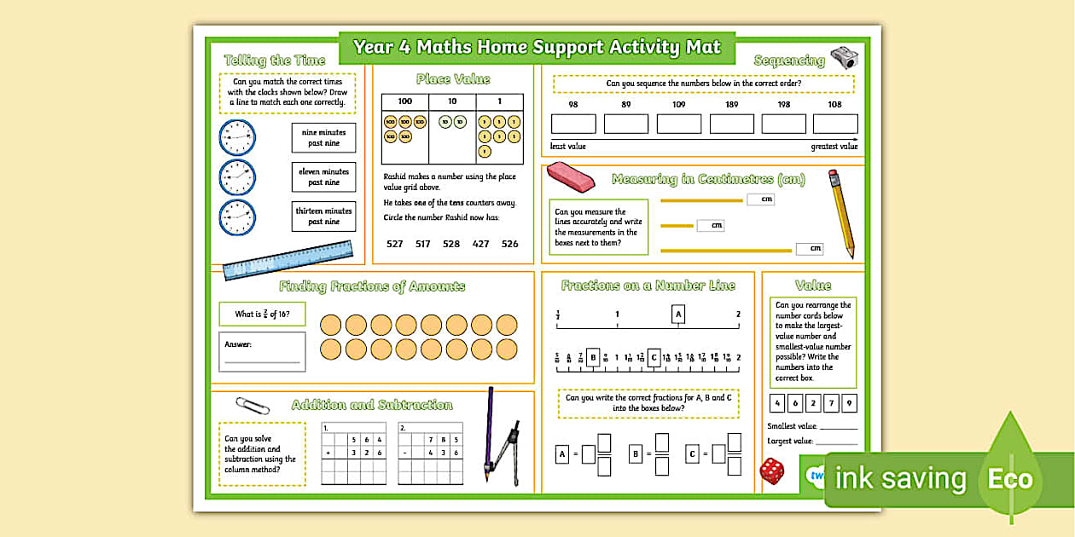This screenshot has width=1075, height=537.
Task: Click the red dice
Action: coord(772,471)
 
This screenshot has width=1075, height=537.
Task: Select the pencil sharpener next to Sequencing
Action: coord(844,58)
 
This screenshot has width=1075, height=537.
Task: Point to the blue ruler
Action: coord(288,259)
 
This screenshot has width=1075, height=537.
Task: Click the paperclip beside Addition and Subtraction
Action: coord(253,405)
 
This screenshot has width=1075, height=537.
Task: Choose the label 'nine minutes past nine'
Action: coord(323,138)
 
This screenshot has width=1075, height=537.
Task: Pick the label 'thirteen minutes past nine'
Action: coord(323,217)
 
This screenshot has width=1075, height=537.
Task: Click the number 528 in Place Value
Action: coord(451,244)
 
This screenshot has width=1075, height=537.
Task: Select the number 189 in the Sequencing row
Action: coord(731,105)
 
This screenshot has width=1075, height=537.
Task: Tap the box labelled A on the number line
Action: coord(678,315)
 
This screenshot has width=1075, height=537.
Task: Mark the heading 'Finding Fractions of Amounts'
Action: coord(372,286)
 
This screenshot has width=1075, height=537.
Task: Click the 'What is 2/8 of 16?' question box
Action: coord(262,315)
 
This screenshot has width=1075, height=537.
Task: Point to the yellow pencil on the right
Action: coord(841,213)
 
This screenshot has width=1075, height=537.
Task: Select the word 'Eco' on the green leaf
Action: coord(1010,479)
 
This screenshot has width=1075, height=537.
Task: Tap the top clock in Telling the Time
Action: coord(237,137)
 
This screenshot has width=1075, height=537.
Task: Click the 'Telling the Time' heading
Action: coord(275,61)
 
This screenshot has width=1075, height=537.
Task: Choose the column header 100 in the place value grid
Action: coord(404,101)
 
